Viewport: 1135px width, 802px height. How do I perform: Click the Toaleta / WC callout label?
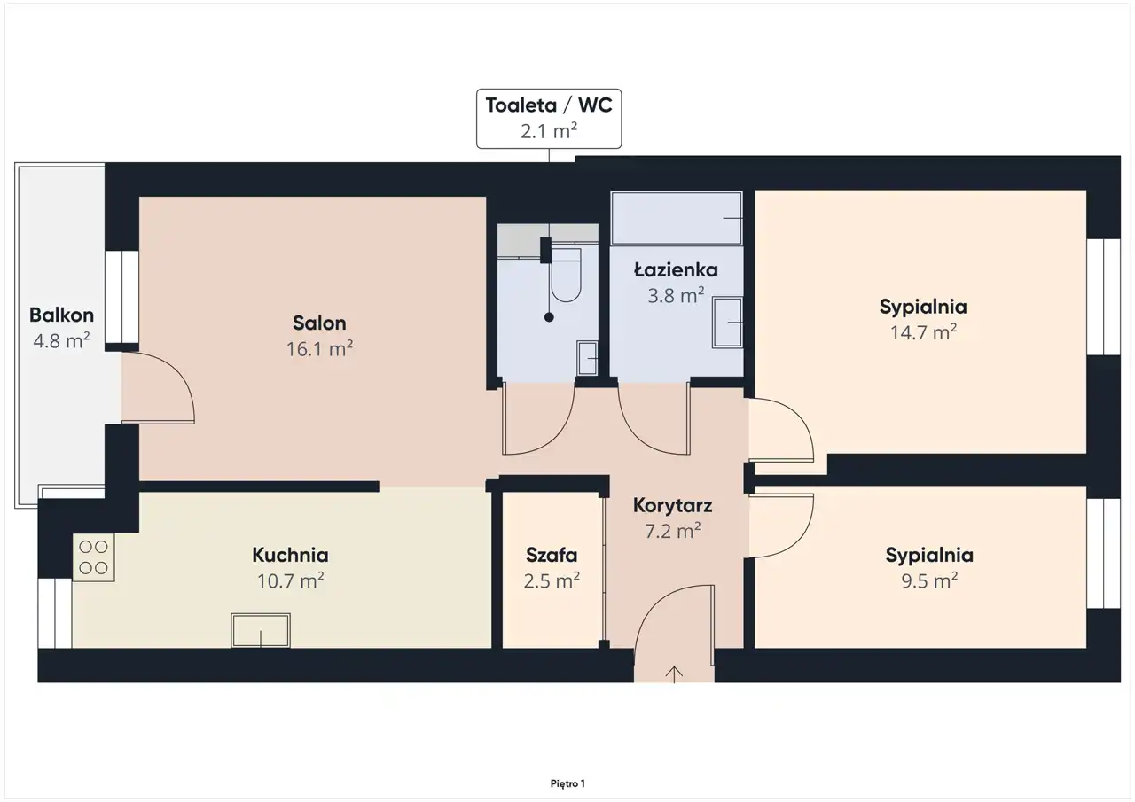(549, 119)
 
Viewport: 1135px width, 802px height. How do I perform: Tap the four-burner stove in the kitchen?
(94, 557)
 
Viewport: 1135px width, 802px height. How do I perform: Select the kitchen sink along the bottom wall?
(261, 630)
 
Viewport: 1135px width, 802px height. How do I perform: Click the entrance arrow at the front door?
(674, 675)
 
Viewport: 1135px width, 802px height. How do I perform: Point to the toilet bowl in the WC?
(566, 275)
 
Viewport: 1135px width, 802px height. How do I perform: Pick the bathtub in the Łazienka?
(677, 218)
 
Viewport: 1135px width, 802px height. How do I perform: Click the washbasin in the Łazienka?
(728, 323)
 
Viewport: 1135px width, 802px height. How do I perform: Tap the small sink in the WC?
(587, 358)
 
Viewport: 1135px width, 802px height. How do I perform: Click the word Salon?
(319, 323)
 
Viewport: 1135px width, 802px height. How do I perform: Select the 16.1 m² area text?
(320, 348)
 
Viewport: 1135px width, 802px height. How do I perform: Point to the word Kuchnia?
(290, 555)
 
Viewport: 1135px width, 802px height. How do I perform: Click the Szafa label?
(552, 555)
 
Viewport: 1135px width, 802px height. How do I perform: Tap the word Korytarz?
(672, 505)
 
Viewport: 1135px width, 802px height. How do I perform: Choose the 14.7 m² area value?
(923, 332)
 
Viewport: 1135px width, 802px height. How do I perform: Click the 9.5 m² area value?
(929, 580)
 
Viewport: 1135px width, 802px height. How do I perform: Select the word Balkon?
(61, 315)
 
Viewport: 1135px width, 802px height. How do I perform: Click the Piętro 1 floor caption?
(567, 783)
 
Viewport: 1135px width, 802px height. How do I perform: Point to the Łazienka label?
(676, 269)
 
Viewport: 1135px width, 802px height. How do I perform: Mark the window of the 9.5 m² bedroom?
(1103, 553)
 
